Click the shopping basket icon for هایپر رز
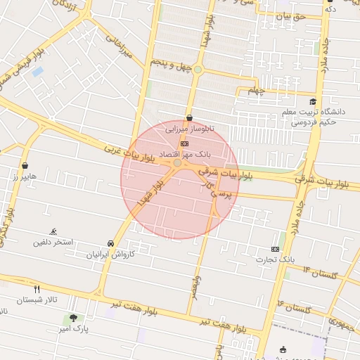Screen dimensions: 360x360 point(26,167)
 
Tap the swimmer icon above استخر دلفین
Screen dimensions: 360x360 point(53,231)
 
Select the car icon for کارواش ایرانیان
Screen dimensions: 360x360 point(110,243)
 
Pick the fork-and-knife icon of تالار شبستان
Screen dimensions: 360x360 point(37,289)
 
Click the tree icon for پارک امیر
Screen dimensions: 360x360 point(73,318)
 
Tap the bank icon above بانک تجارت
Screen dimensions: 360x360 point(275,249)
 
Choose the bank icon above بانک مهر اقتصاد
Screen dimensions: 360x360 point(184,143)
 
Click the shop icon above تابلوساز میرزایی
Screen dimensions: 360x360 point(189,118)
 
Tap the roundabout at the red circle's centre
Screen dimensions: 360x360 point(178,163)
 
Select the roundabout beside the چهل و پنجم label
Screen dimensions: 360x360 point(198,70)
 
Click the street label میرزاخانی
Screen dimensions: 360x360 point(120,47)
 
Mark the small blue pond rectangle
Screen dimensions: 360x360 point(37,71)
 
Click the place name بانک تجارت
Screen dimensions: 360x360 point(276,260)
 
